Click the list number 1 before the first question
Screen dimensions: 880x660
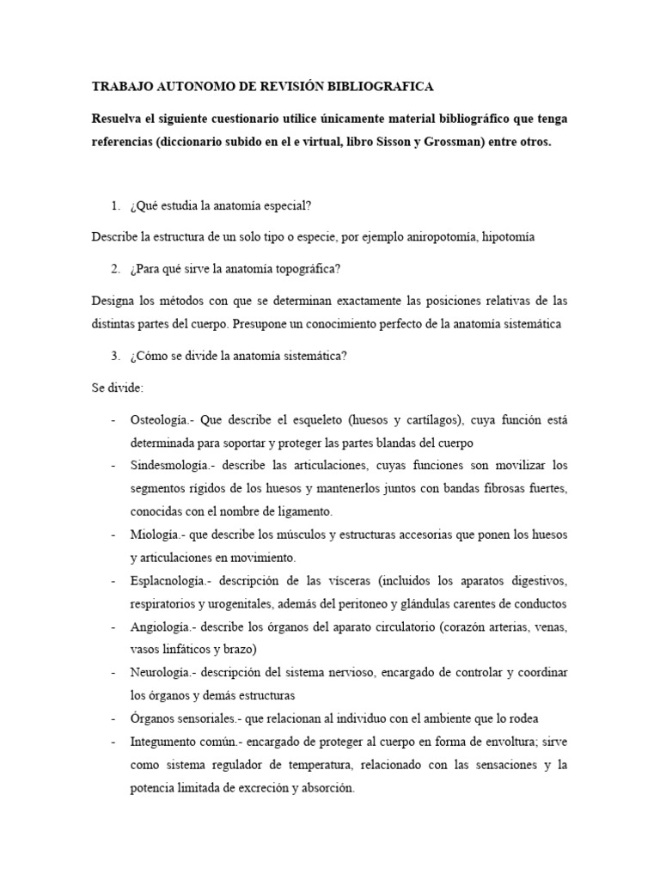(x=115, y=206)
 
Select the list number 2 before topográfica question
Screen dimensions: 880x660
(x=115, y=269)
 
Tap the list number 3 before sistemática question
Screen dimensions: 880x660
(x=115, y=356)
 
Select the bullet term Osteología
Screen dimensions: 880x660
(x=159, y=420)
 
